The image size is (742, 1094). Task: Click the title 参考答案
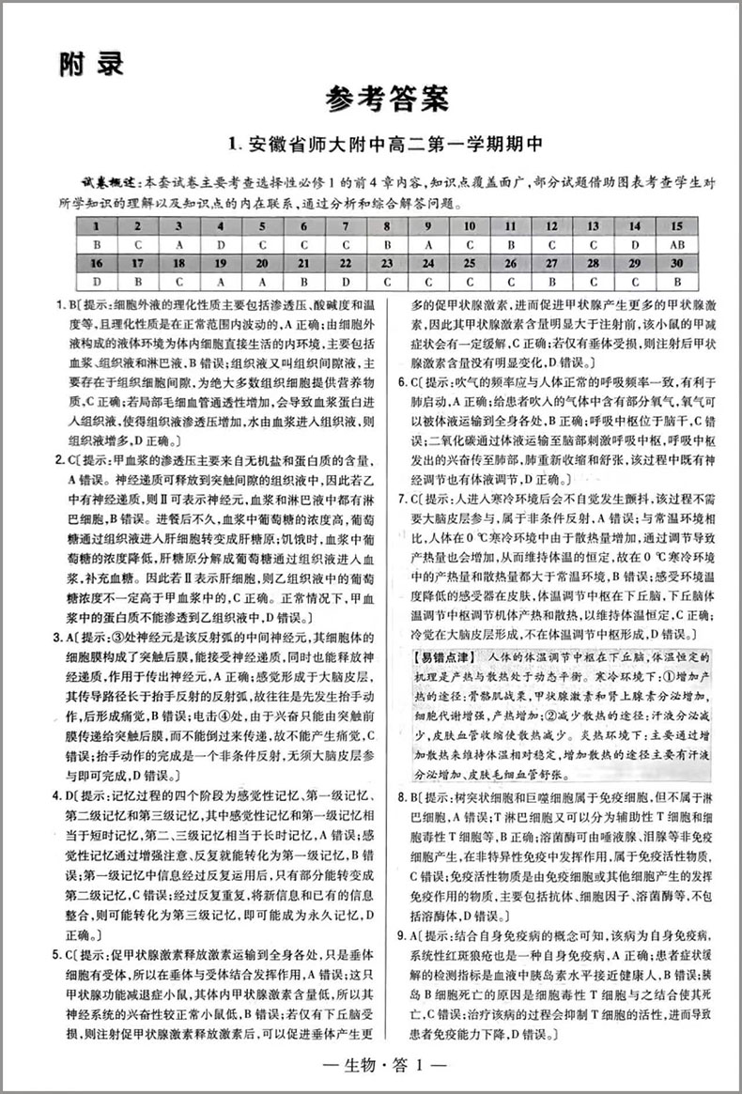[388, 97]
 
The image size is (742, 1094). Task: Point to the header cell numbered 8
[386, 226]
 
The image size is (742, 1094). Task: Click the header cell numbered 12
[552, 226]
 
